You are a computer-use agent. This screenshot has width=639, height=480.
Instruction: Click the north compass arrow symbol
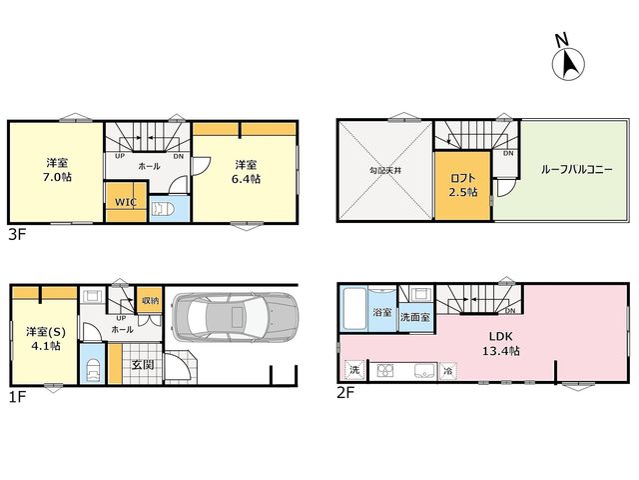click(x=568, y=64)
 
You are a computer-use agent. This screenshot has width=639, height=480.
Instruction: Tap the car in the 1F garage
click(x=236, y=317)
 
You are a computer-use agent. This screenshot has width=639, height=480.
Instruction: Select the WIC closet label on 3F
click(x=126, y=202)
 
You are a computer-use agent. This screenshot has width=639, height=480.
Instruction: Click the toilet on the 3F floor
click(x=163, y=209)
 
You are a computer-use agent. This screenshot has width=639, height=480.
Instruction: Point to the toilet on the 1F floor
click(x=93, y=369)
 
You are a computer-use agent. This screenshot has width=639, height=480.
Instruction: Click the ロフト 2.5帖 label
click(x=463, y=185)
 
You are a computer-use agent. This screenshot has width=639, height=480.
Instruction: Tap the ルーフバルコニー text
click(x=577, y=169)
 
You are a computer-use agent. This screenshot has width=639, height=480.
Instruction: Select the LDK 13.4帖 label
click(x=501, y=344)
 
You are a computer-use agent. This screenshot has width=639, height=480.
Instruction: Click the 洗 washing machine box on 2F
click(x=354, y=370)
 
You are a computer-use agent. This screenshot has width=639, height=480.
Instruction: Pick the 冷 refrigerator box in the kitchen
click(x=448, y=371)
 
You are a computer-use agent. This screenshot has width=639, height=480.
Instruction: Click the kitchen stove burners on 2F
click(x=385, y=371)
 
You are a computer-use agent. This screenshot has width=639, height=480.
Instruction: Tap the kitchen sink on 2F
click(x=425, y=371)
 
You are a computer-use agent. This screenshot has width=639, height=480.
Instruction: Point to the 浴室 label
click(x=382, y=312)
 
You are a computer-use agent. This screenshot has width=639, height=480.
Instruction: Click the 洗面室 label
click(x=415, y=317)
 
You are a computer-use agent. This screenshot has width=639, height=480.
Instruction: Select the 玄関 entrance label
click(x=143, y=364)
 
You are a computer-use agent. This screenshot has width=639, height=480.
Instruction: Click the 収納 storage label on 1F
click(x=150, y=301)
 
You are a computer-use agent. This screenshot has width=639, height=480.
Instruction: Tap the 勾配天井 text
click(x=385, y=170)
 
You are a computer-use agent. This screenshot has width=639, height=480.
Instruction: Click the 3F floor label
click(x=18, y=235)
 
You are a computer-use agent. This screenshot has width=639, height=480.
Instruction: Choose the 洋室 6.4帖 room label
click(x=247, y=172)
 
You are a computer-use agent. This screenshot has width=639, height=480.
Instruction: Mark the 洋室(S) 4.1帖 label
click(x=46, y=338)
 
